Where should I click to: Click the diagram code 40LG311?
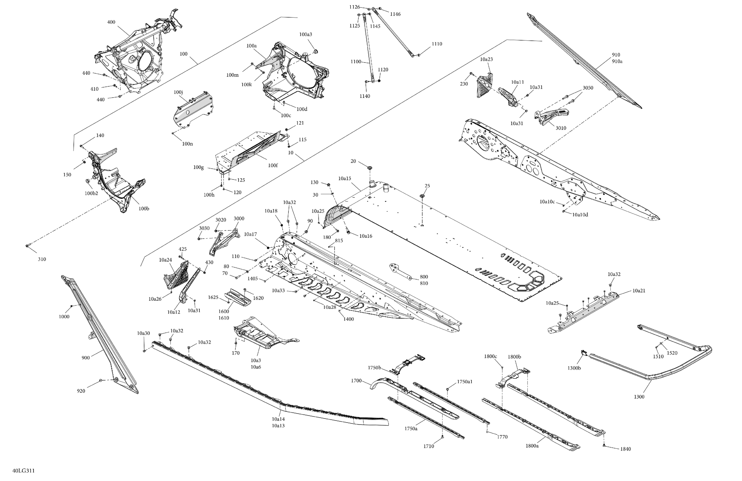[23, 471]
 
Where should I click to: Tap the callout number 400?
[111, 22]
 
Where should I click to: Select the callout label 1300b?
[574, 368]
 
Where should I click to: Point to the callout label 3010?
[561, 128]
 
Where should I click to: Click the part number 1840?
[626, 449]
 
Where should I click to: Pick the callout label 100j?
[178, 92]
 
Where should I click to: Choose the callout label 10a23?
[486, 59]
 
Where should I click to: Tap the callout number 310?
[42, 259]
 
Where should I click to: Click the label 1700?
[356, 381]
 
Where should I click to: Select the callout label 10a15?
[345, 179]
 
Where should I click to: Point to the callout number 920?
[81, 391]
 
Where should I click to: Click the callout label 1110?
[437, 44]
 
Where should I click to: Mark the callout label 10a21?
[639, 291]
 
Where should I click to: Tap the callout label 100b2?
[91, 193]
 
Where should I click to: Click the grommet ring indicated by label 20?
[370, 168]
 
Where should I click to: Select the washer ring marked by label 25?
[422, 196]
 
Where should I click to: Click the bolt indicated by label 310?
[27, 246]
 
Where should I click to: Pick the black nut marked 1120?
[379, 81]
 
